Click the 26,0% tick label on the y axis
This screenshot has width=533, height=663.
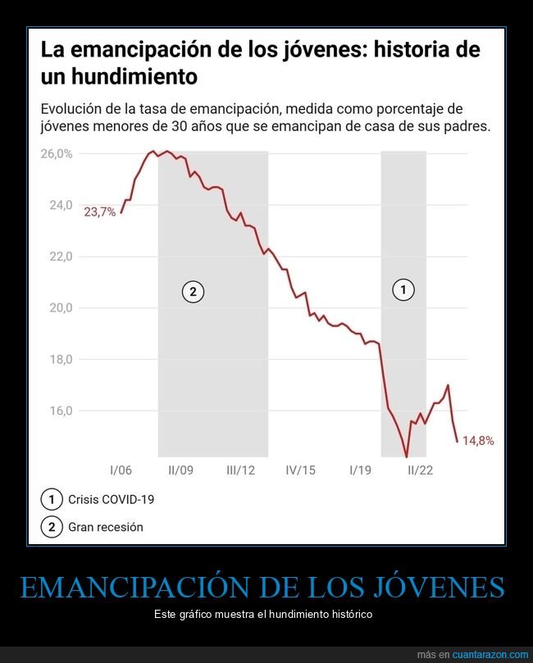pos(57,154)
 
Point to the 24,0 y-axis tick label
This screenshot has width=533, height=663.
pos(61,205)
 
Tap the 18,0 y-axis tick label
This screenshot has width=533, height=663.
pos(61,359)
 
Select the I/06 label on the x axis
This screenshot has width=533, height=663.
pos(121,470)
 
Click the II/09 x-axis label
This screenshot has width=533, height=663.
pos(180,470)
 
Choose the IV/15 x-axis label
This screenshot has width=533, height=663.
pos(301,470)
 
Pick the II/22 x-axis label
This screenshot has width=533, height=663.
pos(421,470)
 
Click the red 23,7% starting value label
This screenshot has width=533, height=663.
pos(99,212)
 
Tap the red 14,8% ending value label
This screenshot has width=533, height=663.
pos(478,441)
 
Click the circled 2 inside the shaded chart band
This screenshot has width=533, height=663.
pos(193,291)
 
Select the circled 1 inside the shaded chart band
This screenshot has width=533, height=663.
pos(403,288)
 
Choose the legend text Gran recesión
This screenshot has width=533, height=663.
pos(107,527)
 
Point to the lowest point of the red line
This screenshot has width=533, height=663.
pos(406,456)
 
